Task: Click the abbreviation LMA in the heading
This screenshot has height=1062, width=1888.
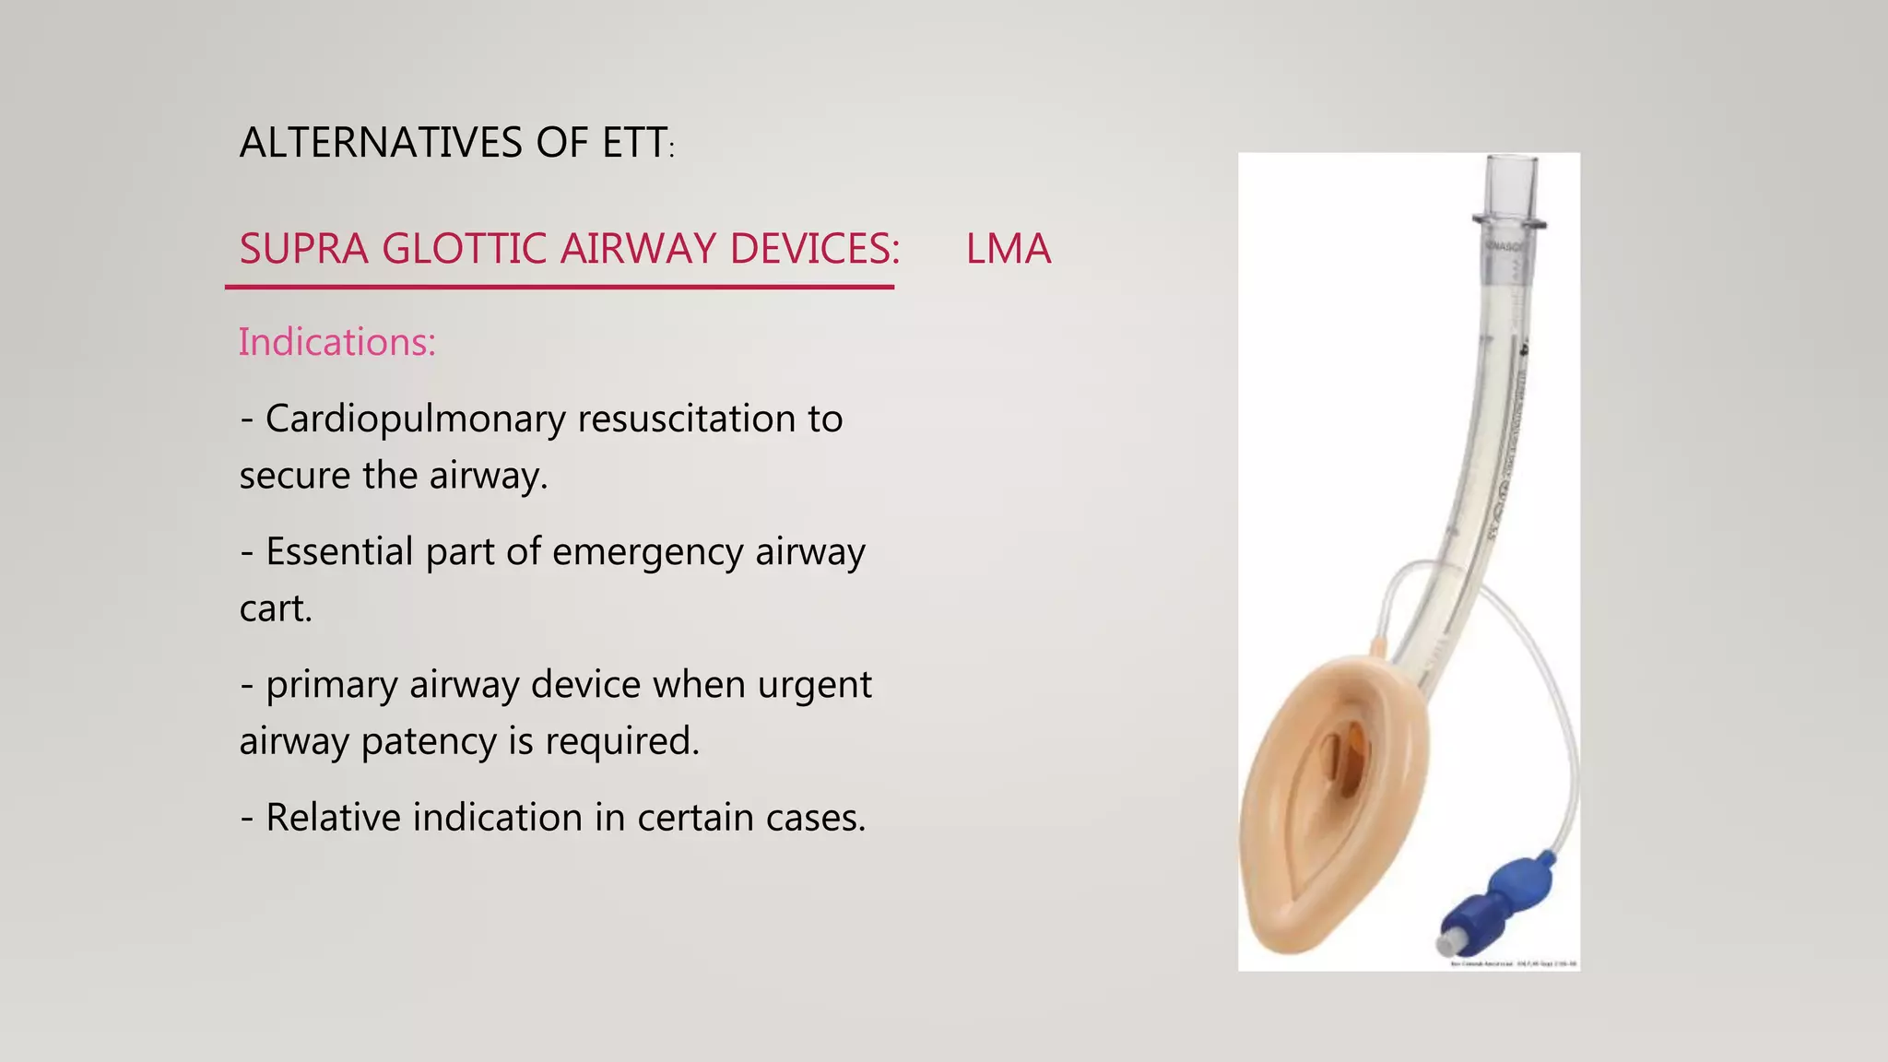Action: point(1008,249)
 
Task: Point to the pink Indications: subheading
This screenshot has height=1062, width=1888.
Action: point(336,342)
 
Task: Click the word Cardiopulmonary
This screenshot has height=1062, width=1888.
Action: point(416,419)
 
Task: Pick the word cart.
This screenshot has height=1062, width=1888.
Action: point(275,609)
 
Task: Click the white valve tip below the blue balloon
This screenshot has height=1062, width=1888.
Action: point(1446,944)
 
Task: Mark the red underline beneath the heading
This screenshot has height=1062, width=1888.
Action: point(560,287)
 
